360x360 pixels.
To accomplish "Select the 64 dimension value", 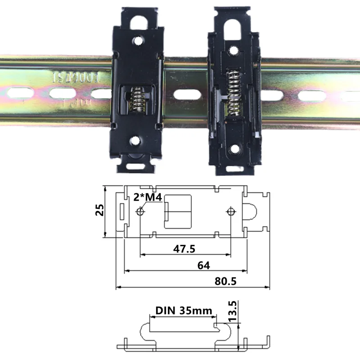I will pyautogui.click(x=203, y=265).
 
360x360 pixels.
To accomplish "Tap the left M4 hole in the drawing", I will pyautogui.click(x=140, y=211).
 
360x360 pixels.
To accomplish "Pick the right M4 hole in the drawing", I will pyautogui.click(x=231, y=211).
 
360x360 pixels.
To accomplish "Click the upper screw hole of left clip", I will pyautogui.click(x=136, y=41).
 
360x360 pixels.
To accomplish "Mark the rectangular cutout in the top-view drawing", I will pyautogui.click(x=178, y=211).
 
